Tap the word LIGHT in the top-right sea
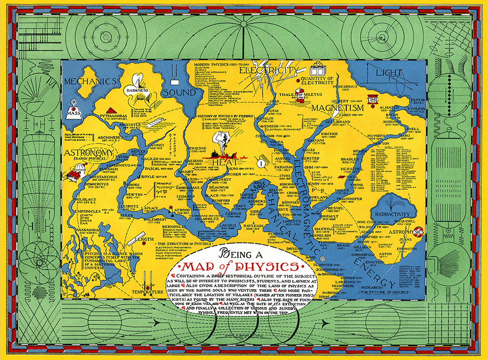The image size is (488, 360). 389,74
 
